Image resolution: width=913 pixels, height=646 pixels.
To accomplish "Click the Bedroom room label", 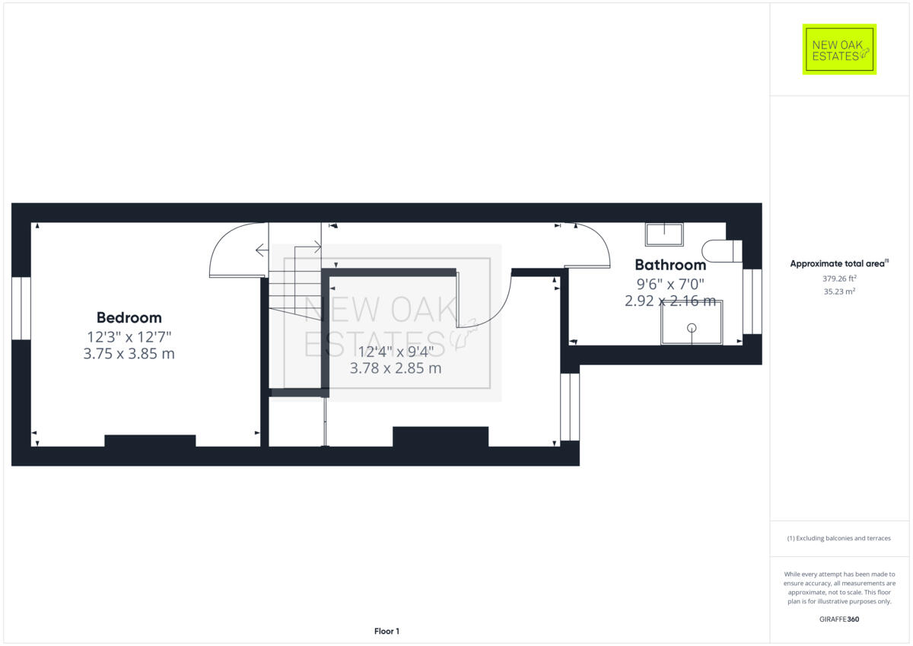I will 129,317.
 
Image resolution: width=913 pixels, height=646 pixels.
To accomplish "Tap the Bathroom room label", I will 670,265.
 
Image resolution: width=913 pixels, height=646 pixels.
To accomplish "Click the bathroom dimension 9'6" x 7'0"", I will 670,284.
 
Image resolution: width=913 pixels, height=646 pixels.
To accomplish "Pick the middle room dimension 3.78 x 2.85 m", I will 396,368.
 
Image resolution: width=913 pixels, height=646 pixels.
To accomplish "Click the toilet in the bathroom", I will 722,251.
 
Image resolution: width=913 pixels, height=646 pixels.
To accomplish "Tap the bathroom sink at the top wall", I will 664,234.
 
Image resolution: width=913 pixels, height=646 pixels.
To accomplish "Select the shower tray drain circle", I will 692,328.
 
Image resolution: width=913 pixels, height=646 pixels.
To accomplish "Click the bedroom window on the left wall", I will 21,307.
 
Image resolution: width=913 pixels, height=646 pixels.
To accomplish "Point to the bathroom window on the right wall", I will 752,301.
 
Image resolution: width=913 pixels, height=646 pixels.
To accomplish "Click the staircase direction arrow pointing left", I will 261,250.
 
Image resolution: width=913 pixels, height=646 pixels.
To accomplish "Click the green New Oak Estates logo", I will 839,49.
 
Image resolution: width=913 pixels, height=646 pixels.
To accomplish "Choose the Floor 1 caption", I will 387,631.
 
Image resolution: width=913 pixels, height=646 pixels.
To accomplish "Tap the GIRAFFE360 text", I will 839,619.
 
